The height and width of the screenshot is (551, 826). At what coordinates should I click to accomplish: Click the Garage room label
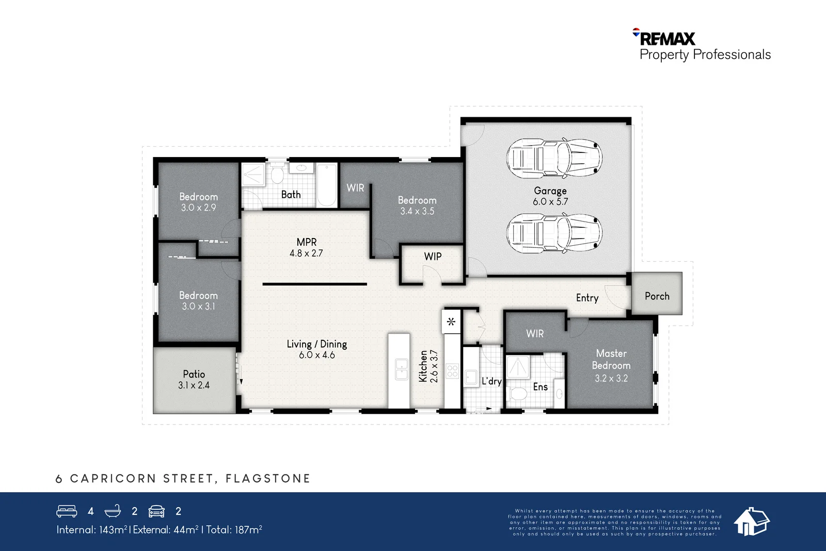pos(550,191)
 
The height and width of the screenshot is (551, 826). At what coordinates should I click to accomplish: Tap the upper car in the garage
pos(554,158)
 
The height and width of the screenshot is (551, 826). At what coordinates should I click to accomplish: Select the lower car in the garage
pos(554,233)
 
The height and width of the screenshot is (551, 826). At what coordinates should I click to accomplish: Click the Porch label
pos(657,296)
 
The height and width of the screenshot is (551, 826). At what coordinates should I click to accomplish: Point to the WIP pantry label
pos(433,256)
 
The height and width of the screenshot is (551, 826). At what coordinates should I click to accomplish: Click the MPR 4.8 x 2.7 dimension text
pos(306,254)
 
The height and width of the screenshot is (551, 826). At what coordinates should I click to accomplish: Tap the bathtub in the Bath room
pos(327,185)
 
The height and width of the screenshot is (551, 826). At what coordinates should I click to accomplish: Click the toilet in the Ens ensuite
pos(518,394)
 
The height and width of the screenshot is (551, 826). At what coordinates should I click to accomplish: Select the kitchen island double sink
pos(401,369)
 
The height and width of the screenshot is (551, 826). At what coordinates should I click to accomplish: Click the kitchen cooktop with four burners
pos(452,371)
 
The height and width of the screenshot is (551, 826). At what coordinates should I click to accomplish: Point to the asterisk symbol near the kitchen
pos(451,322)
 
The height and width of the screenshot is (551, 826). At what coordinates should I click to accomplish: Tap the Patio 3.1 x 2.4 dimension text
pos(194,385)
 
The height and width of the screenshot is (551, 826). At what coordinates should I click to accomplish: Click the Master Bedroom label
pos(611,359)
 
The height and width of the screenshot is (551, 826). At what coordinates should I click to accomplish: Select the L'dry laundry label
pos(491,381)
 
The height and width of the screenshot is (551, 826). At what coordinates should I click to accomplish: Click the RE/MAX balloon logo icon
pos(636,32)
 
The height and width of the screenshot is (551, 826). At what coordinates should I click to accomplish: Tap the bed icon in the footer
pos(67,511)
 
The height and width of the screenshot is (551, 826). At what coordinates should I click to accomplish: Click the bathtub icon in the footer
pos(113,511)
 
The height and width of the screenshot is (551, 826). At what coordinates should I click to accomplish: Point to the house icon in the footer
pos(752,521)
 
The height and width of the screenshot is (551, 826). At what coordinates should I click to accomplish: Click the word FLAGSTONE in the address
pos(268,478)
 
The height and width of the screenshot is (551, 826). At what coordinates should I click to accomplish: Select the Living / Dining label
pos(317,344)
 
